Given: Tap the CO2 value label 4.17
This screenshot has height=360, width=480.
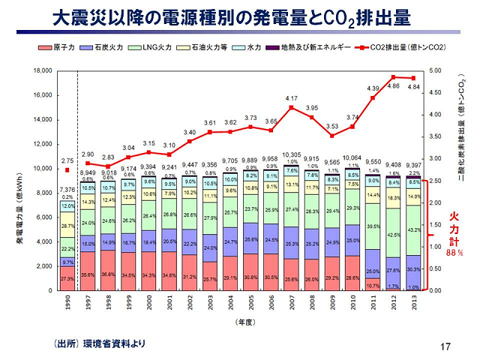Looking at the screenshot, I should (292, 99).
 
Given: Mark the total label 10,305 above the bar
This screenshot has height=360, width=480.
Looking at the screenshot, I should (291, 154).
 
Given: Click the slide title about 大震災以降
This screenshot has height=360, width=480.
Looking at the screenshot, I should (240, 16).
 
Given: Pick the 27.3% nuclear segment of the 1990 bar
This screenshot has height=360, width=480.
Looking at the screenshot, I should (67, 277).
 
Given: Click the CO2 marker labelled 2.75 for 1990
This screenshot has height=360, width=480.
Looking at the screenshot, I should (67, 170).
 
